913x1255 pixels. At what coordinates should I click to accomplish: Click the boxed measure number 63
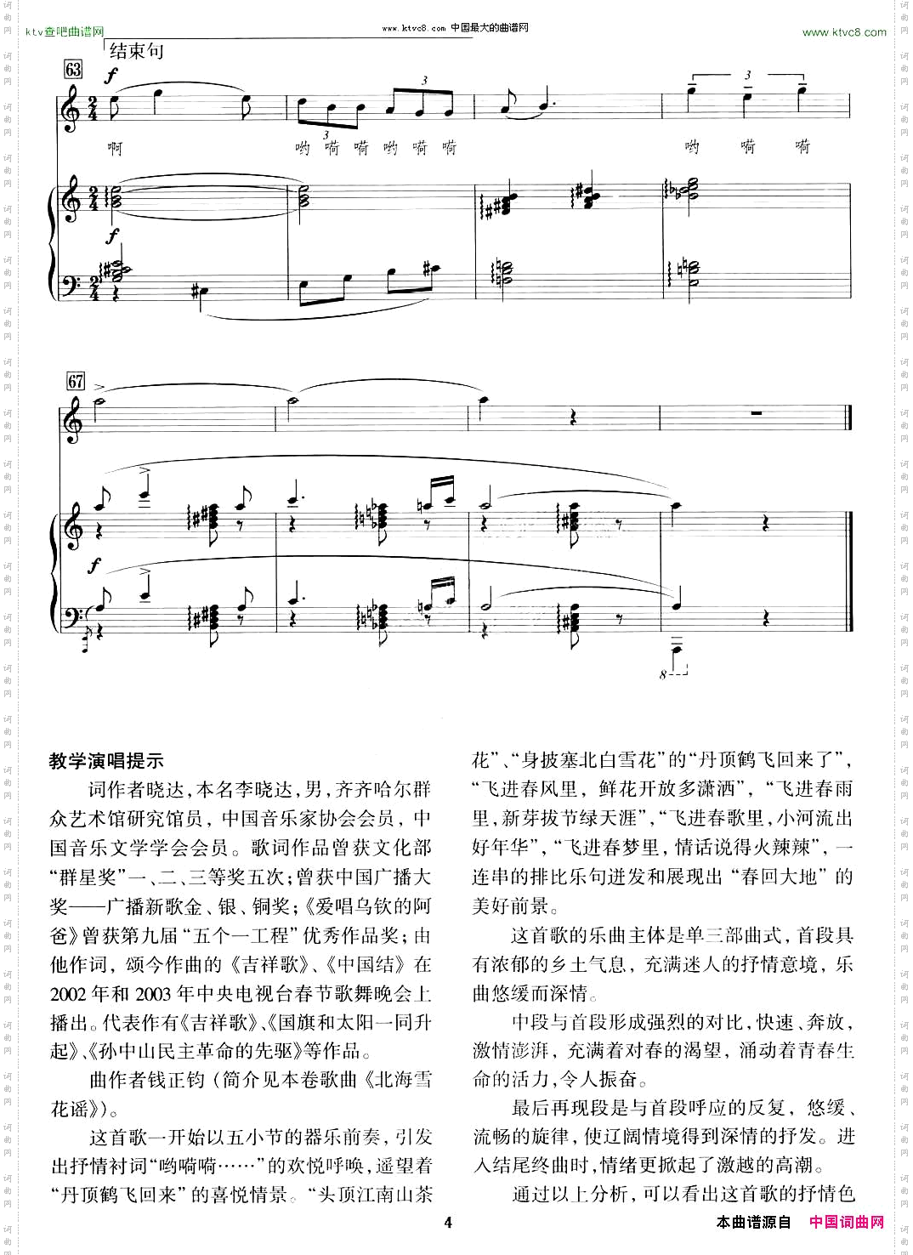pos(74,70)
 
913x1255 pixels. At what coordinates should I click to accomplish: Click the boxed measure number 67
pos(76,382)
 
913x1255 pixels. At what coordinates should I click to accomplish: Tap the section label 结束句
pos(136,51)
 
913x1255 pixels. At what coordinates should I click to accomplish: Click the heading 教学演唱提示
pos(106,761)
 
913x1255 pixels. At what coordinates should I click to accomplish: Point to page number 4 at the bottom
pos(448,1223)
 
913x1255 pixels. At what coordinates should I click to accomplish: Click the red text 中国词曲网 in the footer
pos(847,1223)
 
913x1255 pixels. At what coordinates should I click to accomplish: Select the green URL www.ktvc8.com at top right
pos(844,32)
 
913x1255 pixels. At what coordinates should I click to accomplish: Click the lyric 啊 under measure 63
pos(115,148)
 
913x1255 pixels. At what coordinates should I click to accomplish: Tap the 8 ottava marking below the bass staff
pos(663,675)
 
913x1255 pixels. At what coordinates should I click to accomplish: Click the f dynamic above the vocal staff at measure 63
pos(111,76)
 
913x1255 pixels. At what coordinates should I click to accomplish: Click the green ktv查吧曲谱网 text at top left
pos(65,32)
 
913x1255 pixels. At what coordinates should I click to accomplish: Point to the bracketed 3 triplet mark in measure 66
pos(748,75)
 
